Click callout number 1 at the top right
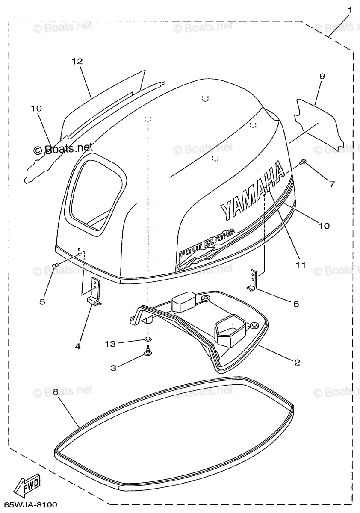click(x=350, y=9)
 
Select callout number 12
click(x=77, y=62)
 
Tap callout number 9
click(x=322, y=77)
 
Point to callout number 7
click(x=332, y=184)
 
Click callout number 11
click(x=301, y=265)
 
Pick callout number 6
click(x=296, y=304)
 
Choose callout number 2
click(x=297, y=362)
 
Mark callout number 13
click(x=111, y=343)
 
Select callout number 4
click(x=77, y=346)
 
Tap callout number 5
click(x=42, y=301)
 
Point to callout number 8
click(x=56, y=391)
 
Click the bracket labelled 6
click(x=253, y=280)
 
